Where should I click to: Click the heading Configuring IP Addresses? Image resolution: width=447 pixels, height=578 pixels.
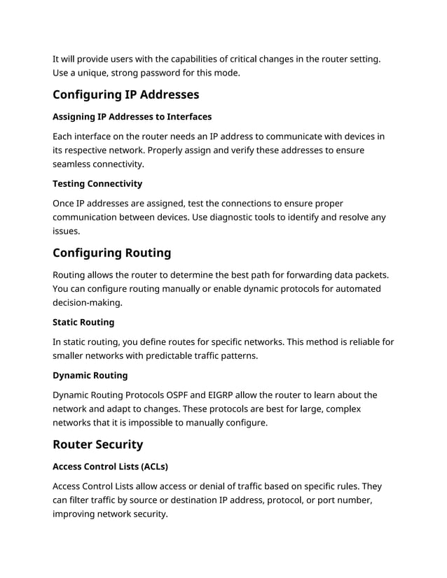pos(125,94)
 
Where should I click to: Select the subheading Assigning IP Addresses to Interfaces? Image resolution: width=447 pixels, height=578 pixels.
pos(132,116)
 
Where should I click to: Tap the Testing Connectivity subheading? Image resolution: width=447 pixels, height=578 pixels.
pos(97,183)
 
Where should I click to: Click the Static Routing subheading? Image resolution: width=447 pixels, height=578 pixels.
pos(83,322)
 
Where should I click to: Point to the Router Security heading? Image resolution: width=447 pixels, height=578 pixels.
pos(97,444)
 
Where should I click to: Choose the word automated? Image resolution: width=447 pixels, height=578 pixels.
pos(355,288)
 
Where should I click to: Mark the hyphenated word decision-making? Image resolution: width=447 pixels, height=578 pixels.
pos(87,302)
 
